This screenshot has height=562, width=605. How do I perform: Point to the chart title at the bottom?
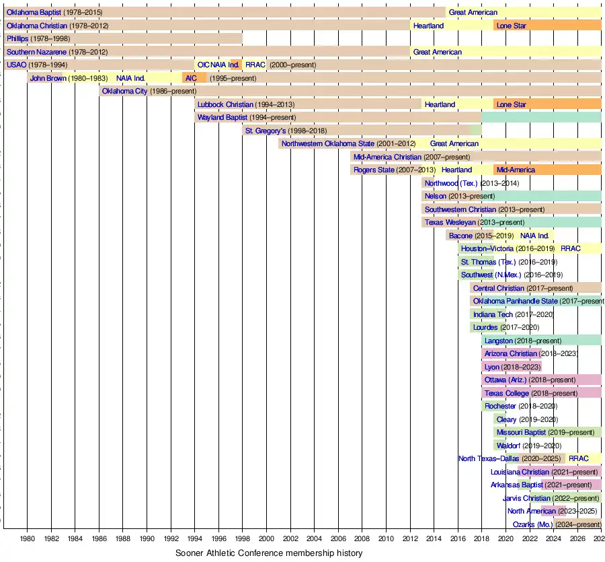pyautogui.click(x=269, y=553)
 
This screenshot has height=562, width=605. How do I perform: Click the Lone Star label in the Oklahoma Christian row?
pyautogui.click(x=511, y=26)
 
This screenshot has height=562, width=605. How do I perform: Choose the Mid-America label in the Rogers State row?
pyautogui.click(x=516, y=170)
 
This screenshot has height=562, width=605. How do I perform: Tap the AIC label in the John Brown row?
pyautogui.click(x=191, y=78)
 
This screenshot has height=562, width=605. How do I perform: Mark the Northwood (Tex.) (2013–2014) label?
pyautogui.click(x=471, y=183)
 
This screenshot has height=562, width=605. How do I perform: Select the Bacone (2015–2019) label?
pyautogui.click(x=481, y=236)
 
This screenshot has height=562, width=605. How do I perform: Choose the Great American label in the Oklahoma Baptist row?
pyautogui.click(x=473, y=12)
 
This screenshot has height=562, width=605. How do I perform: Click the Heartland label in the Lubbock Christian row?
pyautogui.click(x=440, y=104)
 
